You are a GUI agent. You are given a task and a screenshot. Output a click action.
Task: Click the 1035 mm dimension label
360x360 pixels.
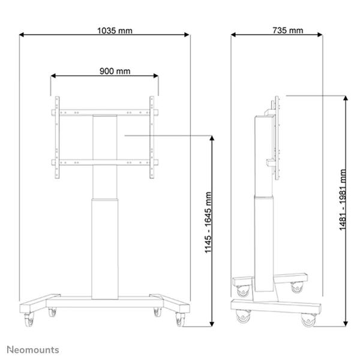[x=105, y=29]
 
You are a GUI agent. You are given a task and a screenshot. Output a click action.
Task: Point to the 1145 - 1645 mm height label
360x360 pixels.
[x=208, y=232]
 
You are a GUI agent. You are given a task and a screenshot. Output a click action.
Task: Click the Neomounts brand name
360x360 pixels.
[x=33, y=349]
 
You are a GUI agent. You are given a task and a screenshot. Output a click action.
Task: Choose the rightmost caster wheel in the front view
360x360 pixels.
[x=180, y=321]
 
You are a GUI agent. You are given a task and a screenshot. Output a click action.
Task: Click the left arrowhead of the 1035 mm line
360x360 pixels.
[x=22, y=35]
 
